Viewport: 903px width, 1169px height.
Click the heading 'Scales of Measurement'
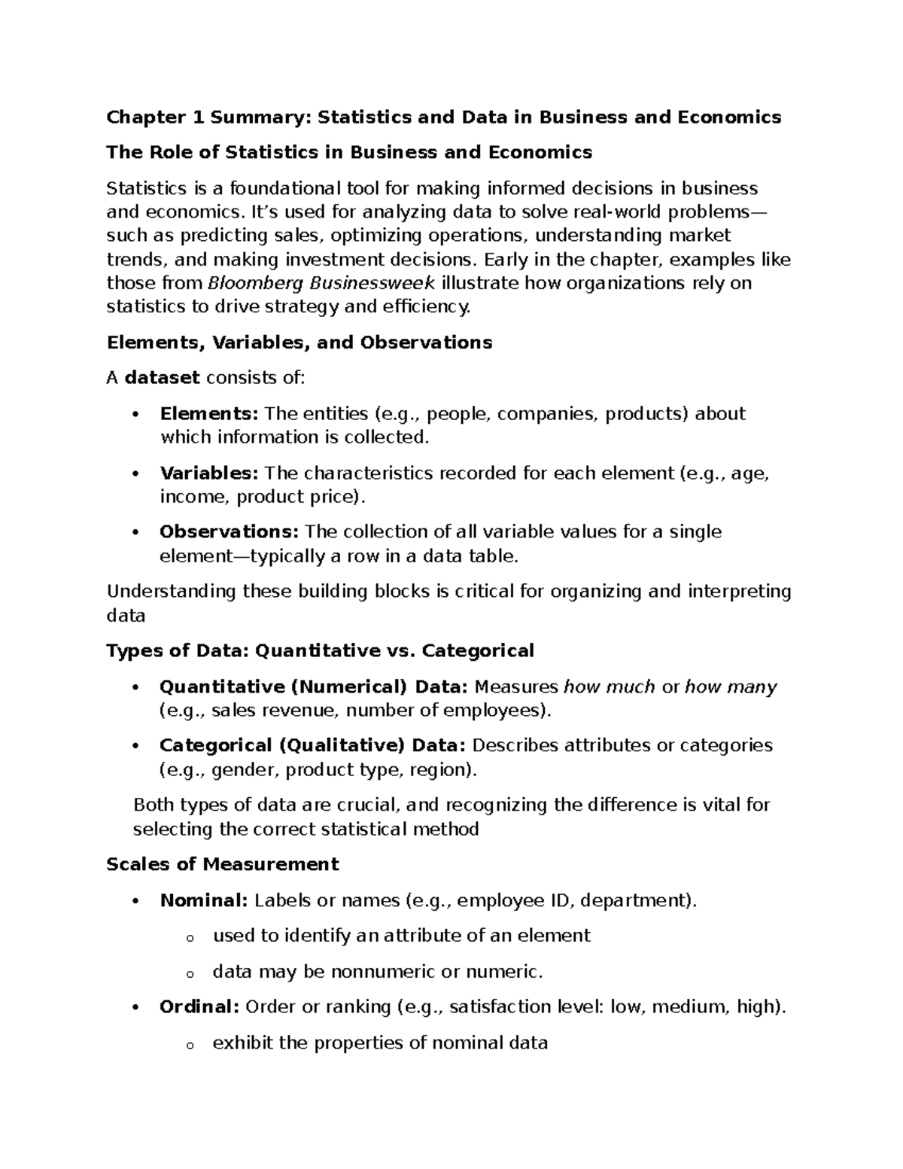pyautogui.click(x=223, y=864)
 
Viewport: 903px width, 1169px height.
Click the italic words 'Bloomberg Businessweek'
pyautogui.click(x=321, y=283)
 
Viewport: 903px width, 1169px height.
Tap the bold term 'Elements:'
pyautogui.click(x=208, y=413)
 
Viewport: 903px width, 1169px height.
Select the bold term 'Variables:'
pyautogui.click(x=208, y=473)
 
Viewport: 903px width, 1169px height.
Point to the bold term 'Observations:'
pyautogui.click(x=229, y=531)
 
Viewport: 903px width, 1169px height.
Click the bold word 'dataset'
pyautogui.click(x=162, y=378)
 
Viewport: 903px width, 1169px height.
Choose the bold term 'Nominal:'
pyautogui.click(x=203, y=900)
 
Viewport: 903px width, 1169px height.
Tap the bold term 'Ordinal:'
pyautogui.click(x=199, y=1006)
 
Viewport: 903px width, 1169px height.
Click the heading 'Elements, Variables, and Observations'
pyautogui.click(x=299, y=342)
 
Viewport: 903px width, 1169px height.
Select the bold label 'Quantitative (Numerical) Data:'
pyautogui.click(x=313, y=686)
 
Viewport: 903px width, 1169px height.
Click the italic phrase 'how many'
pyautogui.click(x=731, y=686)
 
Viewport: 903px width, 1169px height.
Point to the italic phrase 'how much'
pyautogui.click(x=609, y=686)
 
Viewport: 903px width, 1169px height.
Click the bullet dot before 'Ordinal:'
pyautogui.click(x=135, y=1007)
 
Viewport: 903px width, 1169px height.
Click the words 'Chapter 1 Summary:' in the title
pyautogui.click(x=208, y=117)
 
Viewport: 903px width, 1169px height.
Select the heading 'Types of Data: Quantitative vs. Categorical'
pyautogui.click(x=320, y=650)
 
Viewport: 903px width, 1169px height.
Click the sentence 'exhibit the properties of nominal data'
pyautogui.click(x=380, y=1043)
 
